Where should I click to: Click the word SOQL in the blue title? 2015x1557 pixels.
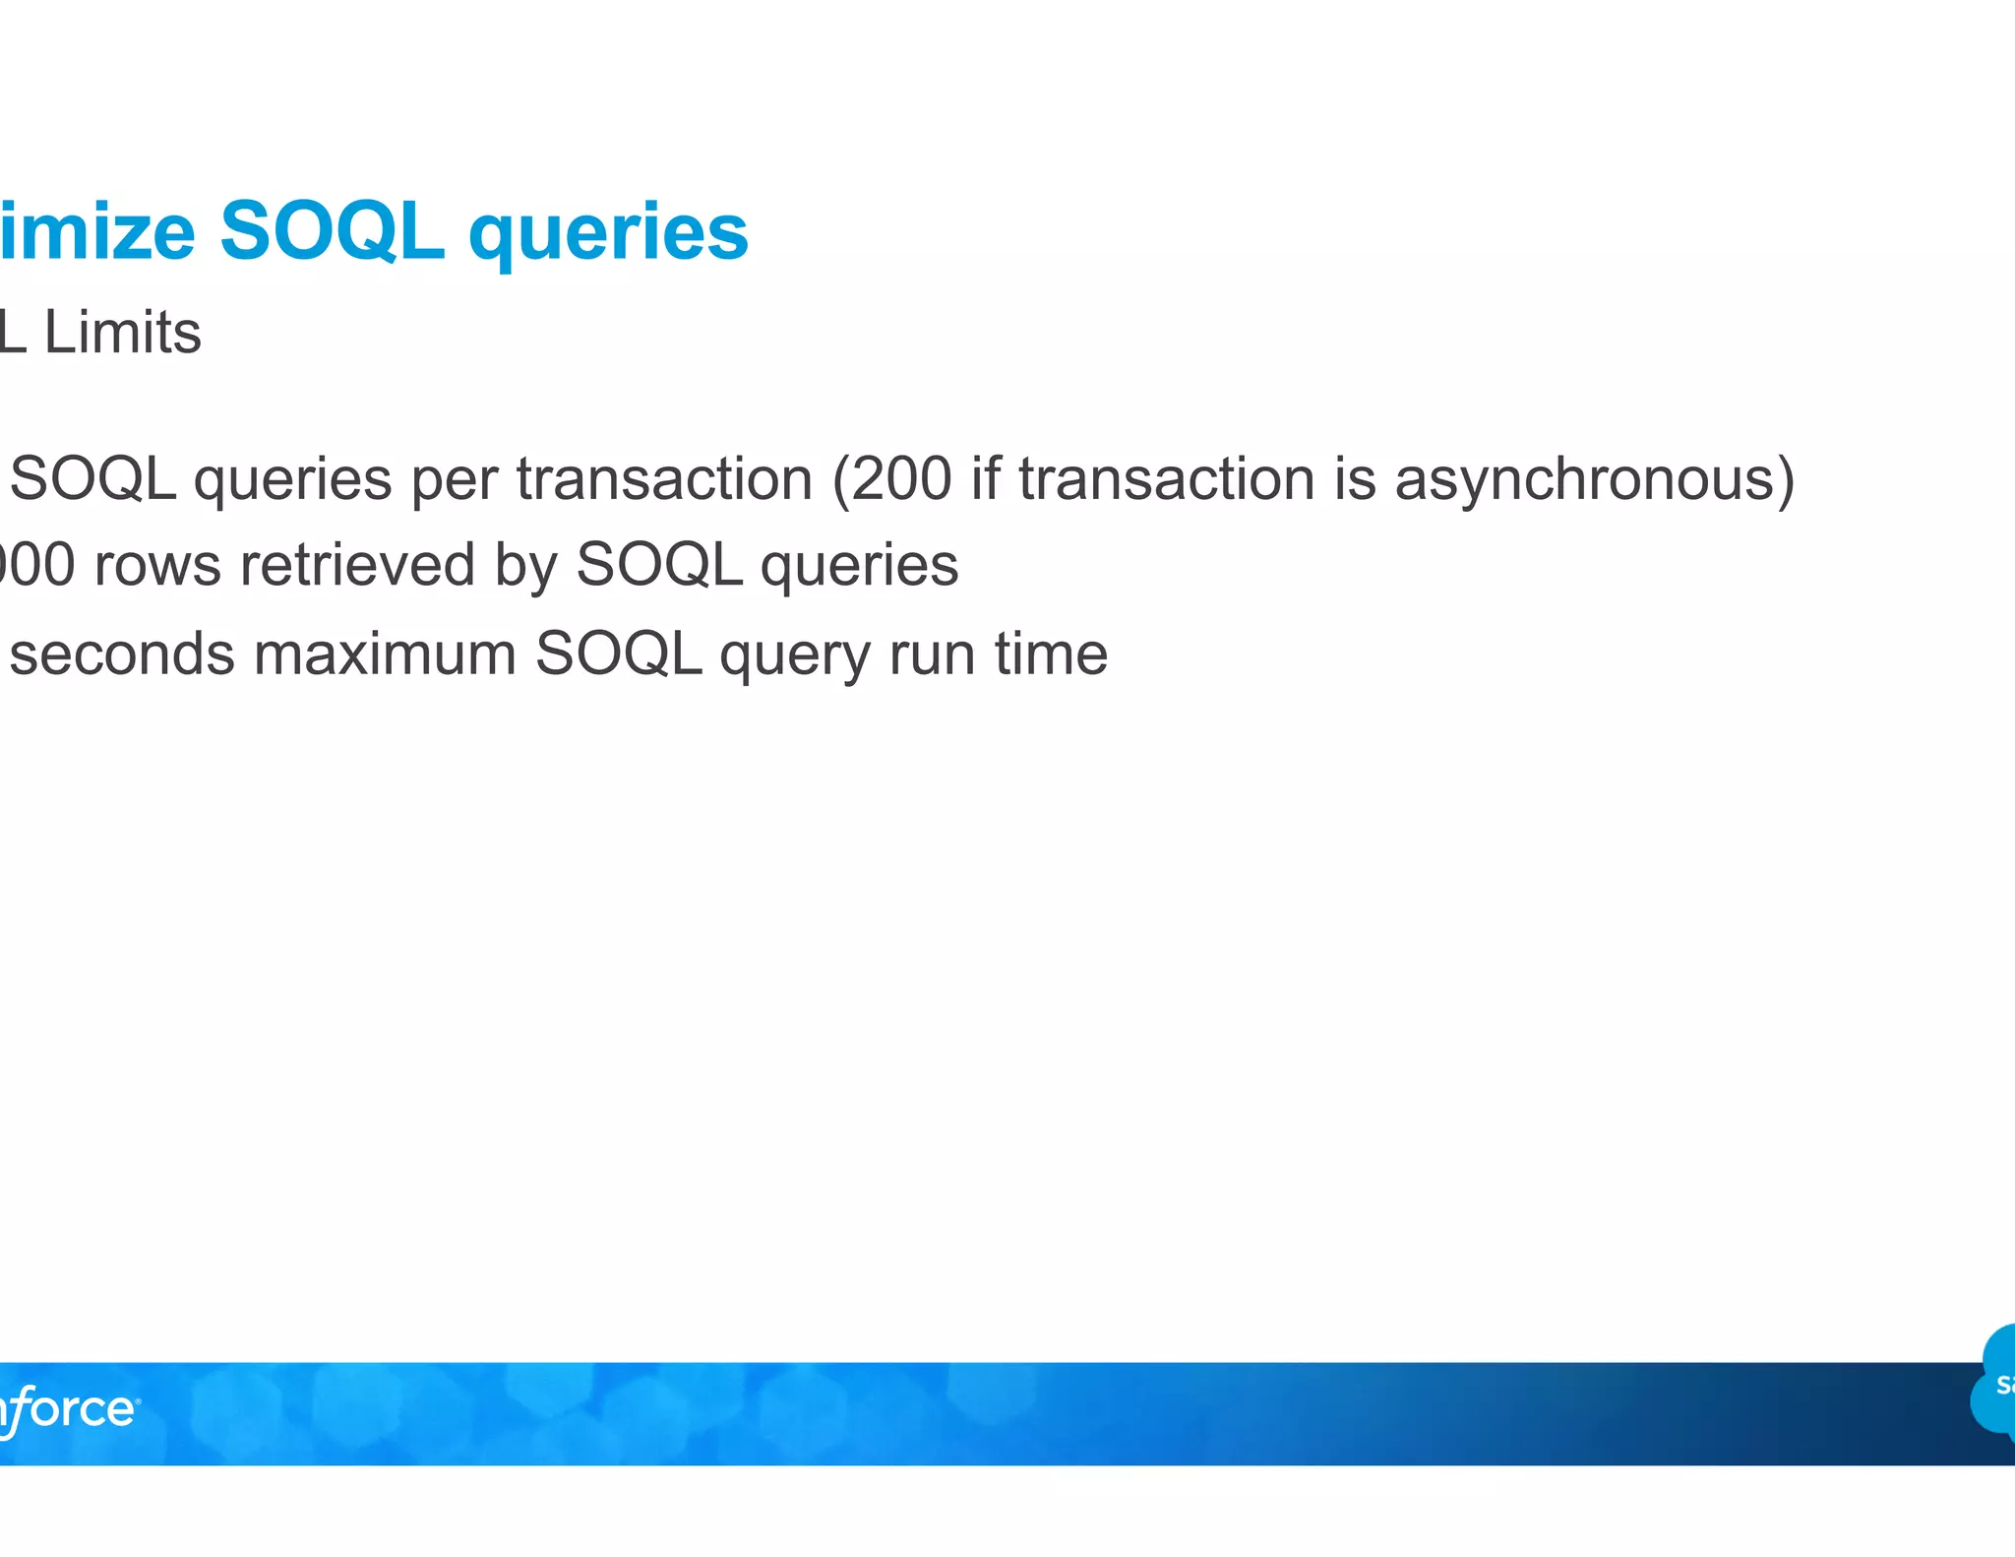[331, 231]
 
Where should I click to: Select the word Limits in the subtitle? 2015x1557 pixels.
[123, 333]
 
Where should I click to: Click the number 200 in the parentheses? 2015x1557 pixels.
[901, 479]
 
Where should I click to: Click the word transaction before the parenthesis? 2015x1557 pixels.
[665, 479]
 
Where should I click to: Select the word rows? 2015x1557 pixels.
[157, 567]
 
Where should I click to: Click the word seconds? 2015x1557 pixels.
[122, 654]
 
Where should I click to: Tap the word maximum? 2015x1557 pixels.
[385, 654]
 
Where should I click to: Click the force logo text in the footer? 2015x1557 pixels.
[69, 1409]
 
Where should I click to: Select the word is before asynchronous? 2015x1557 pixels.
[1355, 479]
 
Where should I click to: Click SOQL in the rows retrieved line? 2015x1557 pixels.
[658, 566]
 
